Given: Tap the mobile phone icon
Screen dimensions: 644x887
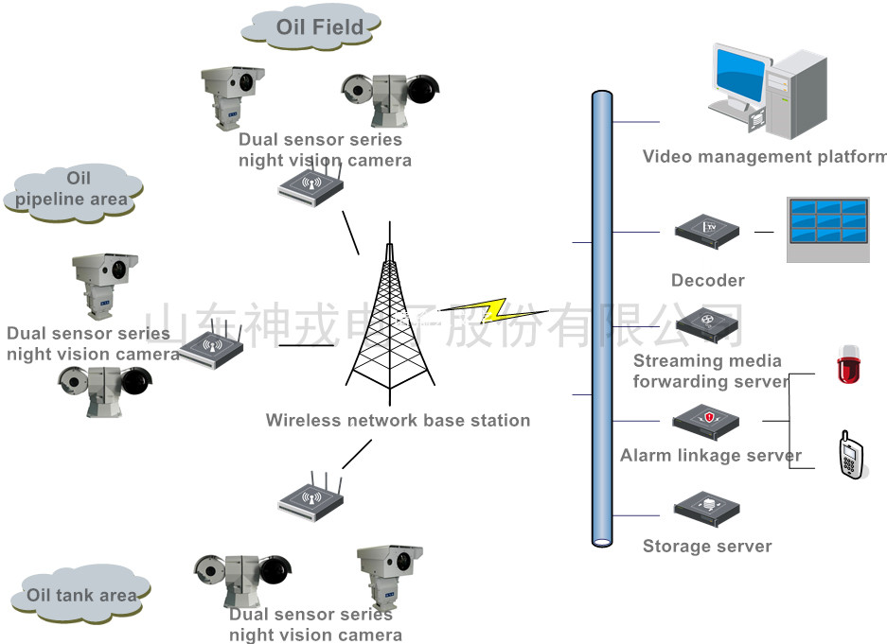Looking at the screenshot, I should point(849,456).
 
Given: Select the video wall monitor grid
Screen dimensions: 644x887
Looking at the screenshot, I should point(827,229).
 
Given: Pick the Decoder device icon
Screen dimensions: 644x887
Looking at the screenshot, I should point(707,231).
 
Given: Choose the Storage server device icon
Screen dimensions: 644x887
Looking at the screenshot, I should point(707,509).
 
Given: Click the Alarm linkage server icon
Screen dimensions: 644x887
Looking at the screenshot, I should point(707,420).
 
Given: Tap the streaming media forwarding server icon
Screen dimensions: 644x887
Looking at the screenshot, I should point(707,324).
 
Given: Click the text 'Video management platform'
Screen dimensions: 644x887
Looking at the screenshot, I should point(764,157).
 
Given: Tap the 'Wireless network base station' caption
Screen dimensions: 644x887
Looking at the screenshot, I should point(398,420).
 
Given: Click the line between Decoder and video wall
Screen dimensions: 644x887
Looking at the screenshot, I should point(763,231).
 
